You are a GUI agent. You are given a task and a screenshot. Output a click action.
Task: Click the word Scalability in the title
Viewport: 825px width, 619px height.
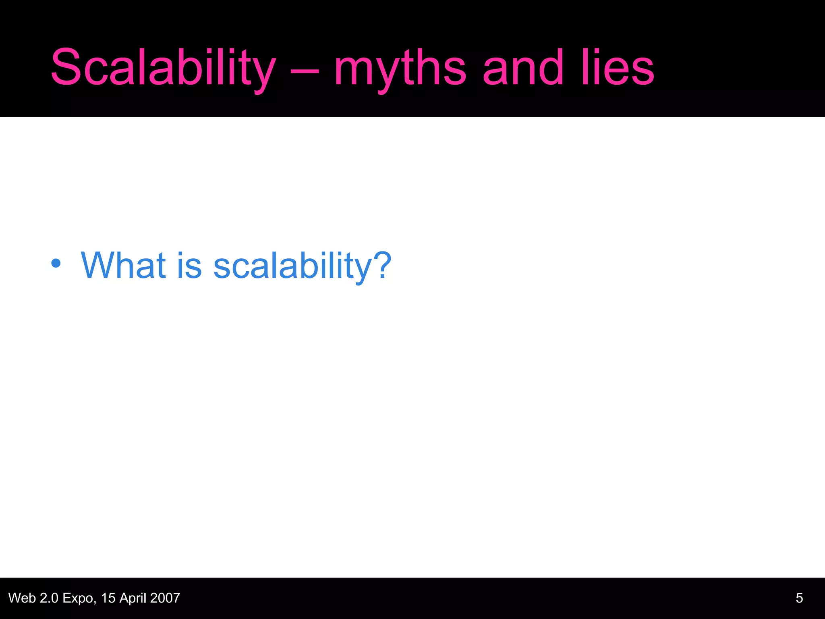click(163, 68)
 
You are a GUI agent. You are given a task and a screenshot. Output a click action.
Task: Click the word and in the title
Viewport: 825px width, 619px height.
click(522, 68)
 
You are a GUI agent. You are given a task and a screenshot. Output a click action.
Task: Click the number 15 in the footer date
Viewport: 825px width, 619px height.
click(108, 598)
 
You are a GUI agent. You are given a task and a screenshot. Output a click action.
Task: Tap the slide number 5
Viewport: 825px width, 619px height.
click(799, 598)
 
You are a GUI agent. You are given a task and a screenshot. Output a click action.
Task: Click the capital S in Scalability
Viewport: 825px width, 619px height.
click(66, 68)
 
